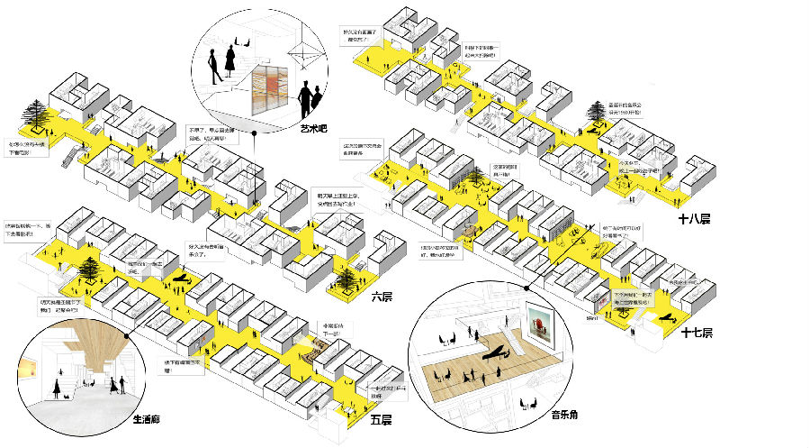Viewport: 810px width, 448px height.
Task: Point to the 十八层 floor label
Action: [x=694, y=218]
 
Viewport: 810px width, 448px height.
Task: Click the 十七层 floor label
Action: [x=697, y=333]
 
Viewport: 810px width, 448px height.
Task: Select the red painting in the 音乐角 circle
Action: [x=541, y=325]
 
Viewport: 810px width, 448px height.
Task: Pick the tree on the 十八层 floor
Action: [x=595, y=112]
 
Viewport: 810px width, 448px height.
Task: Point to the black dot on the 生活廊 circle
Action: [x=132, y=337]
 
